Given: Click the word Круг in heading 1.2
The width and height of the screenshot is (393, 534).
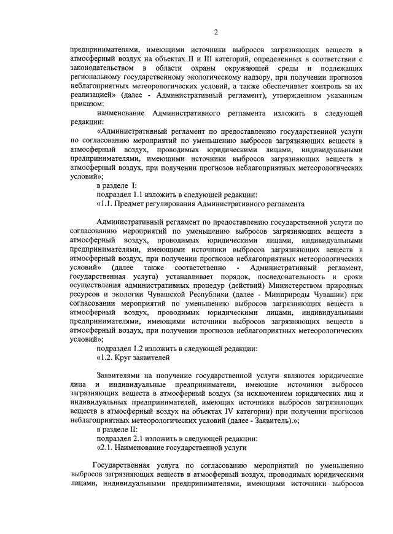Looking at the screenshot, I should click(x=125, y=358).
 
